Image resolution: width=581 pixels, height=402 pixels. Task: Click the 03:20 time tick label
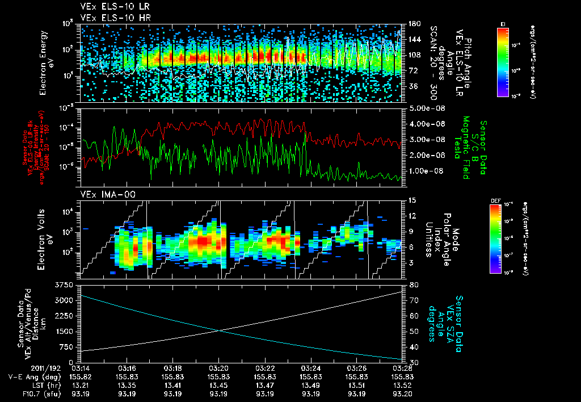[219, 368]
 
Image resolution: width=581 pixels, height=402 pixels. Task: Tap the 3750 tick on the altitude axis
[66, 284]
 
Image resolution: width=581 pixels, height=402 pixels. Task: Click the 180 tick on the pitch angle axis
[415, 24]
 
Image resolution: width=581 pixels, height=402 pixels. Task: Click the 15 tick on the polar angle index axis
[412, 200]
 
